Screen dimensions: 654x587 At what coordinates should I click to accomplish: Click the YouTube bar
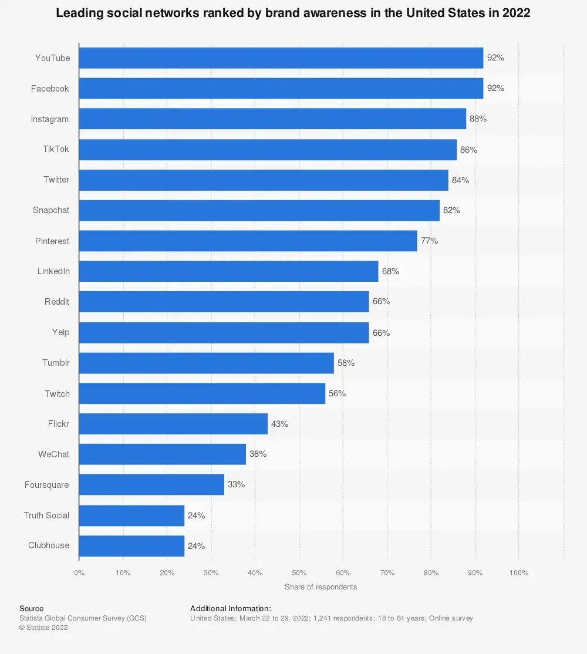click(x=281, y=58)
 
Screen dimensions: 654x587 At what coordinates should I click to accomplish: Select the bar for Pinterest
click(x=248, y=241)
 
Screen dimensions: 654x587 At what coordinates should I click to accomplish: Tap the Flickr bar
click(x=173, y=424)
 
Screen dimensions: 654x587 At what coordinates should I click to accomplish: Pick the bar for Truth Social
click(x=131, y=515)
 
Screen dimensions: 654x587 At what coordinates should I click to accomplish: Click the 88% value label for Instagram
click(x=478, y=119)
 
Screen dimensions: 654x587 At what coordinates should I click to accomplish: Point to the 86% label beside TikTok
click(x=468, y=150)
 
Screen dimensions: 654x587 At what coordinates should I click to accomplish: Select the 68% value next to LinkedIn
click(x=390, y=271)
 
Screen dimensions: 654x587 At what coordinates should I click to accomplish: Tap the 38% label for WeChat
click(x=258, y=454)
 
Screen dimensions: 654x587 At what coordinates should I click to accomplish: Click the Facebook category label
click(x=50, y=89)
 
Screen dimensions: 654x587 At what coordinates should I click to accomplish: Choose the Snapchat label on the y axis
click(x=51, y=210)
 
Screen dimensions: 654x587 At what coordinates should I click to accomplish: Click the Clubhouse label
click(x=49, y=545)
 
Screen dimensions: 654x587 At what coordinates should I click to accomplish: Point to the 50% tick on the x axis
click(x=299, y=572)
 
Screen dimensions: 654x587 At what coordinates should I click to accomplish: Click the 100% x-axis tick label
click(x=519, y=572)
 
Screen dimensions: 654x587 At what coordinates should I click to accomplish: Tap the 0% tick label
click(x=79, y=572)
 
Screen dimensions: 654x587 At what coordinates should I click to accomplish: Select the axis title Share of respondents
click(x=321, y=586)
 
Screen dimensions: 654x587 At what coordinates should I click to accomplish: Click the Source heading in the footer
click(x=31, y=608)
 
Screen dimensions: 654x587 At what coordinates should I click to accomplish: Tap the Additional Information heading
click(x=231, y=608)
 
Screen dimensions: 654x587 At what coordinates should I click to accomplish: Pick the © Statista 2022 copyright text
click(x=43, y=628)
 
